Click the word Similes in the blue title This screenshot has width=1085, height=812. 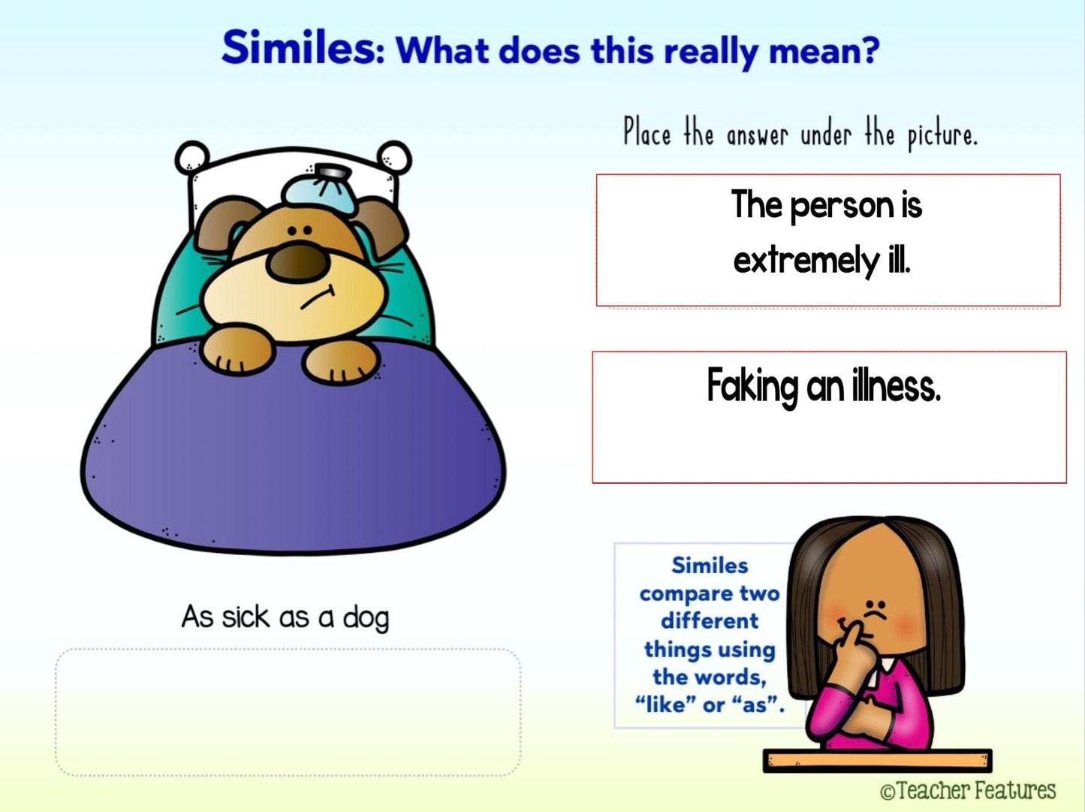coord(303,48)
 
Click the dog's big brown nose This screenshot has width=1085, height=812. coord(297,263)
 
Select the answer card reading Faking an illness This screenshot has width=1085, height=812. coord(829,417)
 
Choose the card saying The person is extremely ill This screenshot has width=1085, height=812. coord(828,240)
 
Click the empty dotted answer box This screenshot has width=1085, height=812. coord(288,712)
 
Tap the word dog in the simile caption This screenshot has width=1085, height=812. coord(366,618)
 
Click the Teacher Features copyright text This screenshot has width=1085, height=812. coord(967,790)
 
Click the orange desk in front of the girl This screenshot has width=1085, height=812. coord(878,761)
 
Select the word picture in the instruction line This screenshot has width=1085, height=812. coord(942,136)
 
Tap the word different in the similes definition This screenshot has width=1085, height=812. coord(710,621)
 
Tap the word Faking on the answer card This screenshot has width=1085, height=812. coord(752,387)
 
